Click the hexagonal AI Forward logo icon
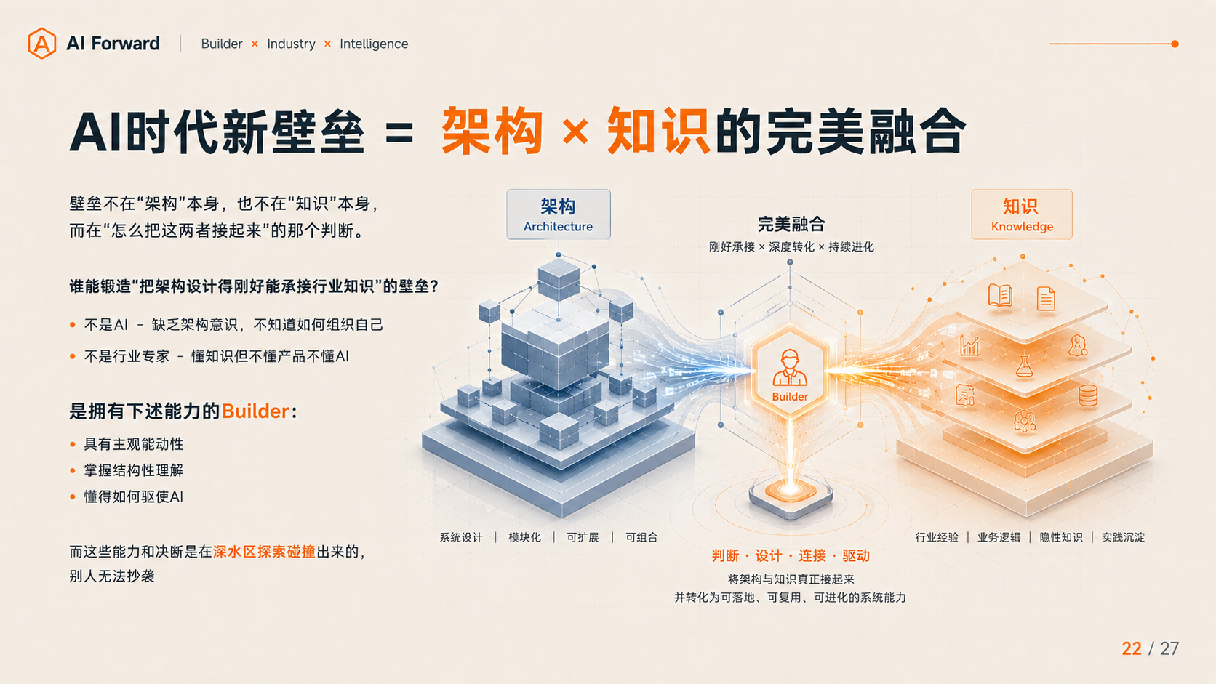41,44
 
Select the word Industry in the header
291,44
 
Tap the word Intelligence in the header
374,44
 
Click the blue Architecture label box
559,214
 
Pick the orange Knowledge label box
1022,214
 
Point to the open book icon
1000,296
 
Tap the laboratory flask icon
1024,366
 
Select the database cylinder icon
1088,395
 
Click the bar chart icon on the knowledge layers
969,345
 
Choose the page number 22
1132,648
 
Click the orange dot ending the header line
1175,44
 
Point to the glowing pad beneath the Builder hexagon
791,495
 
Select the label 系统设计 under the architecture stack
461,538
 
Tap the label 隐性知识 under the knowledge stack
1061,538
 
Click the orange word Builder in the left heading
255,411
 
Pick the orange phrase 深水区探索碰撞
265,552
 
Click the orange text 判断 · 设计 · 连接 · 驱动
791,556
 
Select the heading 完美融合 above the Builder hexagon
791,224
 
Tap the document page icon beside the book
1046,298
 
